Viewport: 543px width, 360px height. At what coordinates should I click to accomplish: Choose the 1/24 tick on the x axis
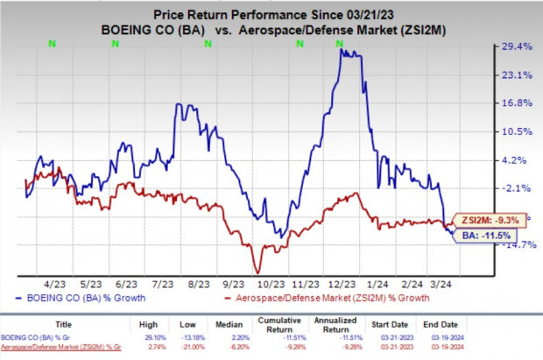click(378, 285)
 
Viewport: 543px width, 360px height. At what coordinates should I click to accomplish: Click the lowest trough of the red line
click(257, 273)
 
